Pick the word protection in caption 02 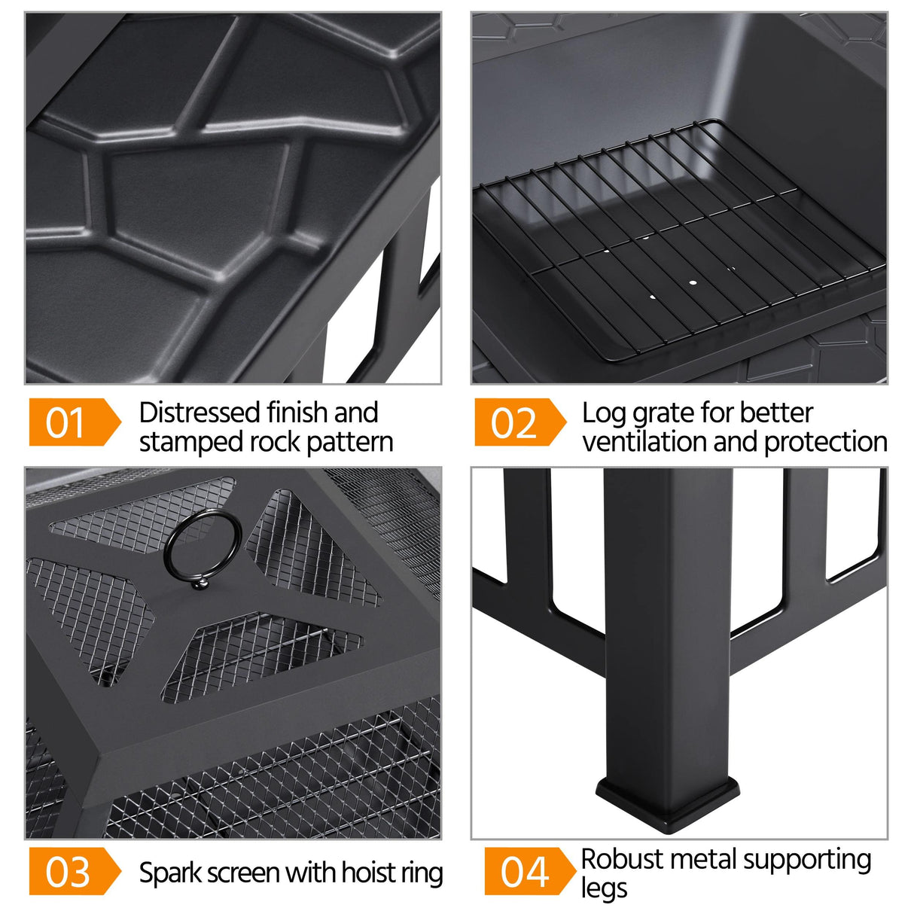pyautogui.click(x=825, y=442)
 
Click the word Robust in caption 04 pyautogui.click(x=622, y=859)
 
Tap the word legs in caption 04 pyautogui.click(x=604, y=889)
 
